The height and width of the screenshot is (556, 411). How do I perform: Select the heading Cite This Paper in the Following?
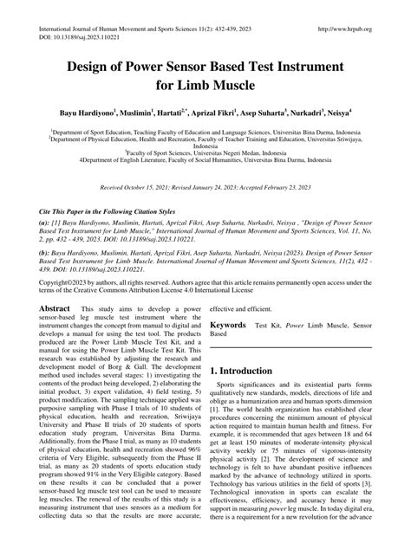tap(113, 210)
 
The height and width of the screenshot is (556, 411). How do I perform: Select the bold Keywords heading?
tap(229, 326)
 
